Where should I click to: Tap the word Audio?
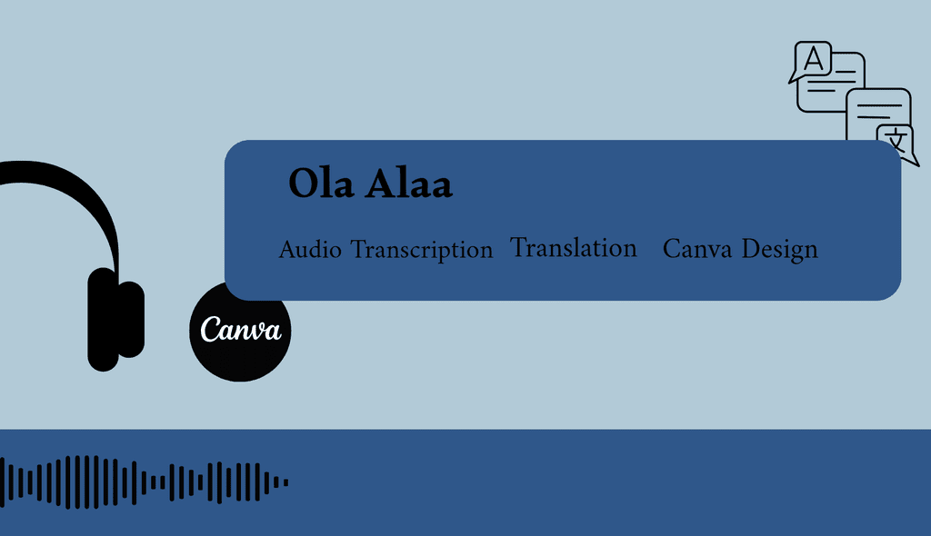(x=310, y=249)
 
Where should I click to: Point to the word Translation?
(x=574, y=247)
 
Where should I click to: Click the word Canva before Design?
(x=697, y=249)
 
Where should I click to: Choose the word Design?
(x=779, y=250)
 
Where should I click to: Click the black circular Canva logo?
(x=240, y=332)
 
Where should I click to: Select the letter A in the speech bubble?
(x=814, y=59)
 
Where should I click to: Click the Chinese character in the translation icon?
(x=896, y=141)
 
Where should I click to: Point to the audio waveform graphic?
(x=145, y=482)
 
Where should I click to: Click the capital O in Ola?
(x=302, y=184)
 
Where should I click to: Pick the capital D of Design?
(x=751, y=248)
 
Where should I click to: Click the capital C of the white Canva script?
(x=210, y=330)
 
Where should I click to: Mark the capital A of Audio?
(x=289, y=250)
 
